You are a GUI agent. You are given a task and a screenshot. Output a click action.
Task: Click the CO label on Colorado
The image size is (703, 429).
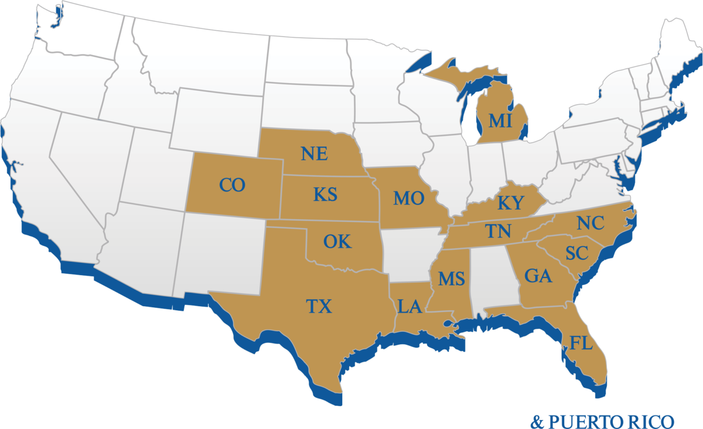click(x=232, y=186)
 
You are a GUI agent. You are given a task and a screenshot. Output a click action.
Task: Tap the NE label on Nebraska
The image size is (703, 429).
click(x=314, y=154)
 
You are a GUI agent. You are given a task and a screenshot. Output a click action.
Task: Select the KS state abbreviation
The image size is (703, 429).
click(x=325, y=194)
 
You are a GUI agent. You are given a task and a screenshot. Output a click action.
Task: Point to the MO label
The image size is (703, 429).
click(x=408, y=199)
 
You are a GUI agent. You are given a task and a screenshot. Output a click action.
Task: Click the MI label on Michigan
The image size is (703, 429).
click(x=500, y=122)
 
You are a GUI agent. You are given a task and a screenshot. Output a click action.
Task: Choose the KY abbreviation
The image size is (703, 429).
click(x=510, y=203)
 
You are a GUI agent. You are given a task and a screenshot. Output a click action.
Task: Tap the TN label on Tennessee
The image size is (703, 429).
click(x=499, y=232)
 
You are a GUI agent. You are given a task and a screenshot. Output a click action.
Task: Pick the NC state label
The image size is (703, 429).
click(x=590, y=224)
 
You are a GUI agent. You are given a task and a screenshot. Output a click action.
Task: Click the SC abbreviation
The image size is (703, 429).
click(x=577, y=253)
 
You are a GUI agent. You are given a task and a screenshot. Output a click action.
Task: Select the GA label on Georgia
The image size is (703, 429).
click(x=538, y=276)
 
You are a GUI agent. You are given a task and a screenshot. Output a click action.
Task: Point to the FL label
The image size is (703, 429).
click(x=581, y=343)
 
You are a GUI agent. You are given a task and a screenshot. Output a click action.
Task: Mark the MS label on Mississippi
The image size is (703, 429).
click(x=451, y=279)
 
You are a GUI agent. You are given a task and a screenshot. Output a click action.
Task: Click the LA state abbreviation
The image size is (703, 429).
click(x=409, y=307)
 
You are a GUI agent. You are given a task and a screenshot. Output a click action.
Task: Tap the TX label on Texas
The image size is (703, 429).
click(x=319, y=306)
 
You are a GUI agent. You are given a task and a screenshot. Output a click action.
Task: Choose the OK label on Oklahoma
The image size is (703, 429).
click(x=337, y=241)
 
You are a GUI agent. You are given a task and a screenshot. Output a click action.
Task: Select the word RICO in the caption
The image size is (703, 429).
click(x=656, y=421)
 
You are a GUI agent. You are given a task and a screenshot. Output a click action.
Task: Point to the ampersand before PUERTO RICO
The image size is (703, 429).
click(x=536, y=421)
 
